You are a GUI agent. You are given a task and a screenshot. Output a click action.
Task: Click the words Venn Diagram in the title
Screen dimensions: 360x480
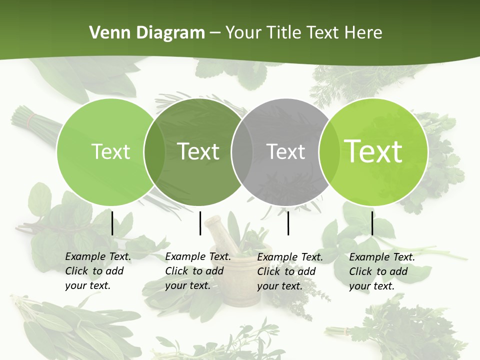[147, 33]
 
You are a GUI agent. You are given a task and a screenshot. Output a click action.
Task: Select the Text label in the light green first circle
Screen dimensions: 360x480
[110, 151]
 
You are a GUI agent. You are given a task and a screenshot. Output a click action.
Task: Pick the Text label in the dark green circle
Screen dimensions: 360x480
[198, 151]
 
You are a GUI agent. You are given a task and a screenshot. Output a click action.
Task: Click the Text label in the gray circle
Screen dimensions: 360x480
[285, 151]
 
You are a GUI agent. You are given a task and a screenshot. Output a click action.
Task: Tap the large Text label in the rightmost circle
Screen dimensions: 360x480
[373, 151]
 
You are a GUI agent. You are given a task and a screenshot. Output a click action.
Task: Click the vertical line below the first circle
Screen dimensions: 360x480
[112, 223]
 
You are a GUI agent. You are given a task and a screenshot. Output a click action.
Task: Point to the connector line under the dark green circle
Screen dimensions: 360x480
[200, 223]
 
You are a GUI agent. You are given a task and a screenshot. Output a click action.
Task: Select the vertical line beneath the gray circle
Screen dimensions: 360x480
[288, 223]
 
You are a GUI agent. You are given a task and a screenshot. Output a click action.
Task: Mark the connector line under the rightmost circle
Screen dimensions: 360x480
[372, 223]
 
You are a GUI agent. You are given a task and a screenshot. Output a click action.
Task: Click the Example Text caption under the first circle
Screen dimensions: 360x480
[97, 271]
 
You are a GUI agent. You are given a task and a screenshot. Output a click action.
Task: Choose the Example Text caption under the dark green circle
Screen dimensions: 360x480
[197, 271]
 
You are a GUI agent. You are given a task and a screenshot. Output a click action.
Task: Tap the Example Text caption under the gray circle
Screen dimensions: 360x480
[289, 271]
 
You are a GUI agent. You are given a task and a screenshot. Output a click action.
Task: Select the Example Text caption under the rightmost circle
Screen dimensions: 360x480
[381, 271]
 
